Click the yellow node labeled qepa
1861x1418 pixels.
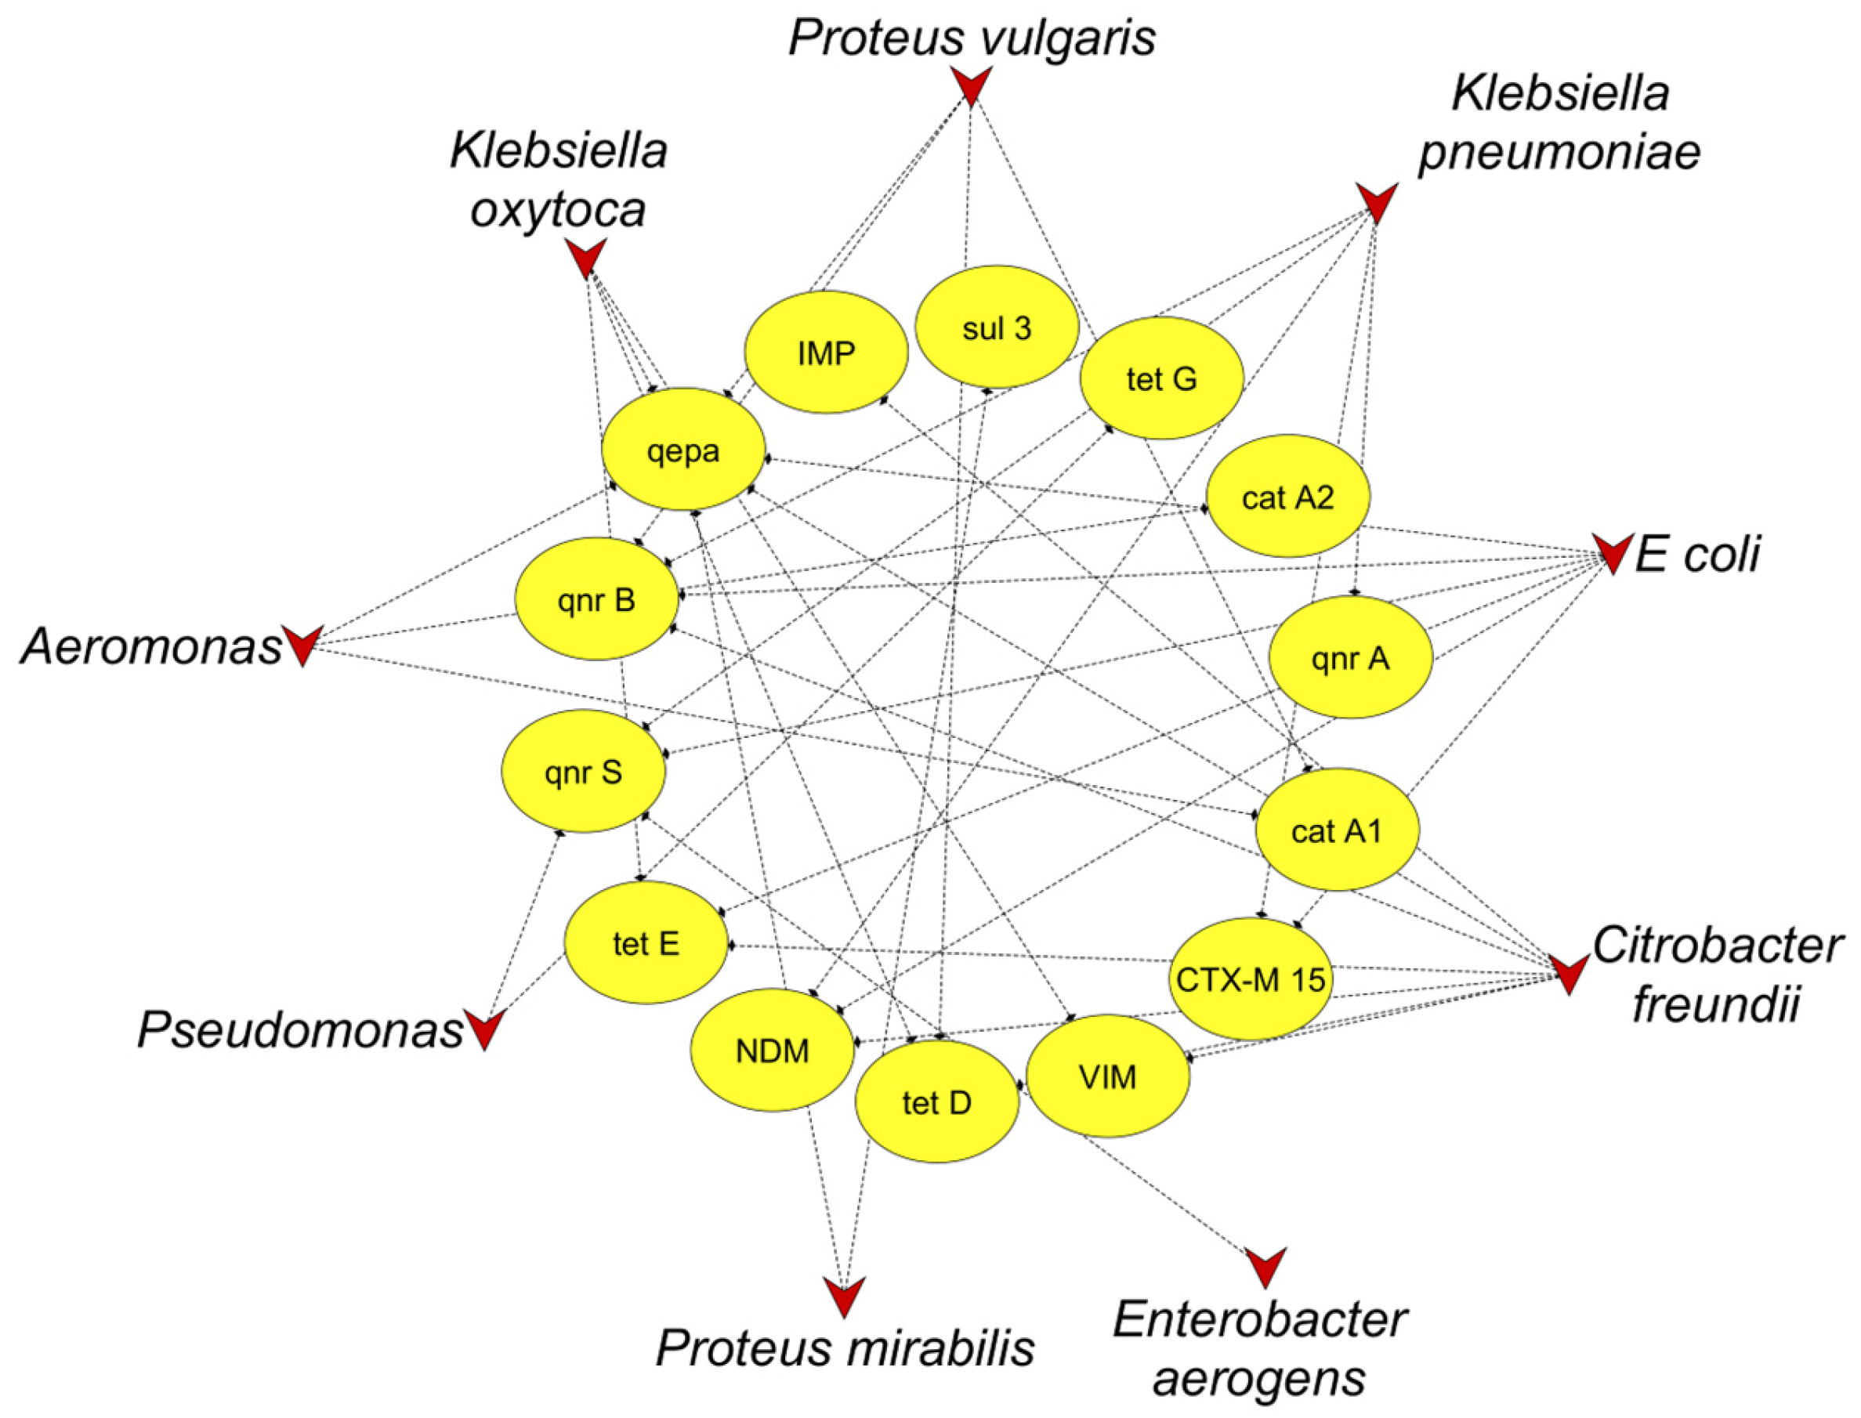682,450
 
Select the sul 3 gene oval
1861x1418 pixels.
996,327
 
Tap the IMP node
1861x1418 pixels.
825,353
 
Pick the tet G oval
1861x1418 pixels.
1161,378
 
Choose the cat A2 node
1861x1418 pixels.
1287,497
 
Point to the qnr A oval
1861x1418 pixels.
1349,657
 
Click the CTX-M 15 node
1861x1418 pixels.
1250,979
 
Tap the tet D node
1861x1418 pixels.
936,1101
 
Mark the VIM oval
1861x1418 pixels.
1107,1076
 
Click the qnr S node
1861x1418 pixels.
582,772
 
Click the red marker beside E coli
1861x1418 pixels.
1611,553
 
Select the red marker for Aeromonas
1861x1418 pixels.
302,646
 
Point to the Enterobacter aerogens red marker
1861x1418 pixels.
1265,1266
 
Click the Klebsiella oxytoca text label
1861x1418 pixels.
559,179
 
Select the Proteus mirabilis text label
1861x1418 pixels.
845,1348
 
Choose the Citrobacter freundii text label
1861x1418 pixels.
1716,974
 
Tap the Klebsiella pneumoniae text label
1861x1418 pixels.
1559,122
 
